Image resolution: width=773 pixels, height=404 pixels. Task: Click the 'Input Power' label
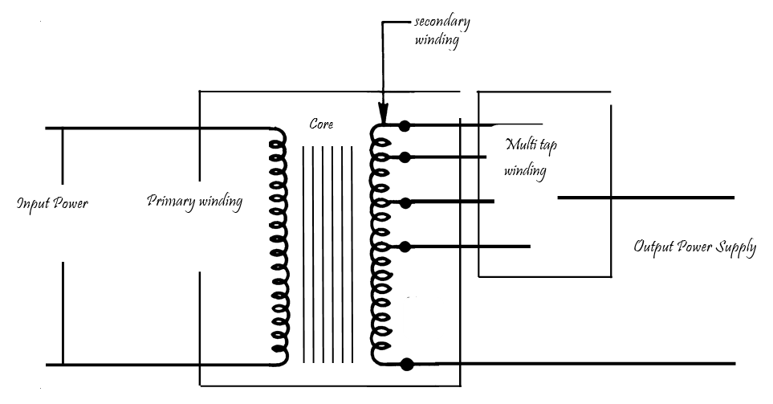coord(52,203)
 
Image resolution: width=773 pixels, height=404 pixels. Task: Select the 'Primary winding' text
coord(194,201)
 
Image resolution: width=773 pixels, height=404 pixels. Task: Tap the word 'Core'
coord(322,125)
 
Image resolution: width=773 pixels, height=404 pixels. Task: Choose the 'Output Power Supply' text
coord(694,247)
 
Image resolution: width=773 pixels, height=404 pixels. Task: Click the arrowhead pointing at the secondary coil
coord(384,116)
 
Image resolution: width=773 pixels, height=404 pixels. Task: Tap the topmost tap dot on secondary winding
coord(405,126)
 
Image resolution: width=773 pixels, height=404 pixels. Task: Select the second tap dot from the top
coord(405,157)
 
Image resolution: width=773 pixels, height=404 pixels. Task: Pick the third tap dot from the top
coord(405,201)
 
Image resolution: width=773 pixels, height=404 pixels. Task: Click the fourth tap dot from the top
coord(405,246)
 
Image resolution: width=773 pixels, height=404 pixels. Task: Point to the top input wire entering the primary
coord(161,128)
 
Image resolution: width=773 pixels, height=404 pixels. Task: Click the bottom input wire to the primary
coord(161,365)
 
